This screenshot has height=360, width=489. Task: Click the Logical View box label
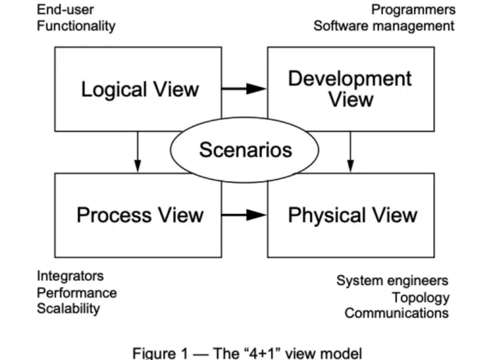pyautogui.click(x=139, y=90)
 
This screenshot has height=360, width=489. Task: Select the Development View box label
pyautogui.click(x=350, y=89)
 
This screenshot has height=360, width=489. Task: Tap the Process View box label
pyautogui.click(x=140, y=215)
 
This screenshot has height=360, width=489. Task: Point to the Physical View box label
pyautogui.click(x=352, y=216)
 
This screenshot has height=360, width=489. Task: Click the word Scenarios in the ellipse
pyautogui.click(x=246, y=150)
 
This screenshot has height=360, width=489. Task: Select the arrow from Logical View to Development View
pyautogui.click(x=244, y=89)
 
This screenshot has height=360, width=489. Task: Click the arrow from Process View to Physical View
pyautogui.click(x=244, y=215)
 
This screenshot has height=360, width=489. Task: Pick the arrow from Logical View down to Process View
pyautogui.click(x=137, y=152)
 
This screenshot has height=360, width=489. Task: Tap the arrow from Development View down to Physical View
pyautogui.click(x=350, y=152)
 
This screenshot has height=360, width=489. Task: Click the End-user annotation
pyautogui.click(x=65, y=10)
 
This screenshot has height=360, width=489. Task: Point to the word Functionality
pyautogui.click(x=76, y=26)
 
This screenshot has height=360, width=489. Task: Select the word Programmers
pyautogui.click(x=413, y=10)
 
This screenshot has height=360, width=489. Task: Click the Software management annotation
pyautogui.click(x=384, y=26)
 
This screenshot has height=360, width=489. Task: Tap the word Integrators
pyautogui.click(x=70, y=276)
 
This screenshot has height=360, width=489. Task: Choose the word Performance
pyautogui.click(x=76, y=293)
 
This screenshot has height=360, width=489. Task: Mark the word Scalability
pyautogui.click(x=69, y=309)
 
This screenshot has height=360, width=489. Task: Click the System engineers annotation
pyautogui.click(x=392, y=281)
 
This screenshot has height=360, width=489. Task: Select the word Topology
pyautogui.click(x=420, y=298)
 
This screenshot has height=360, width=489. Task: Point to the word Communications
pyautogui.click(x=397, y=313)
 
